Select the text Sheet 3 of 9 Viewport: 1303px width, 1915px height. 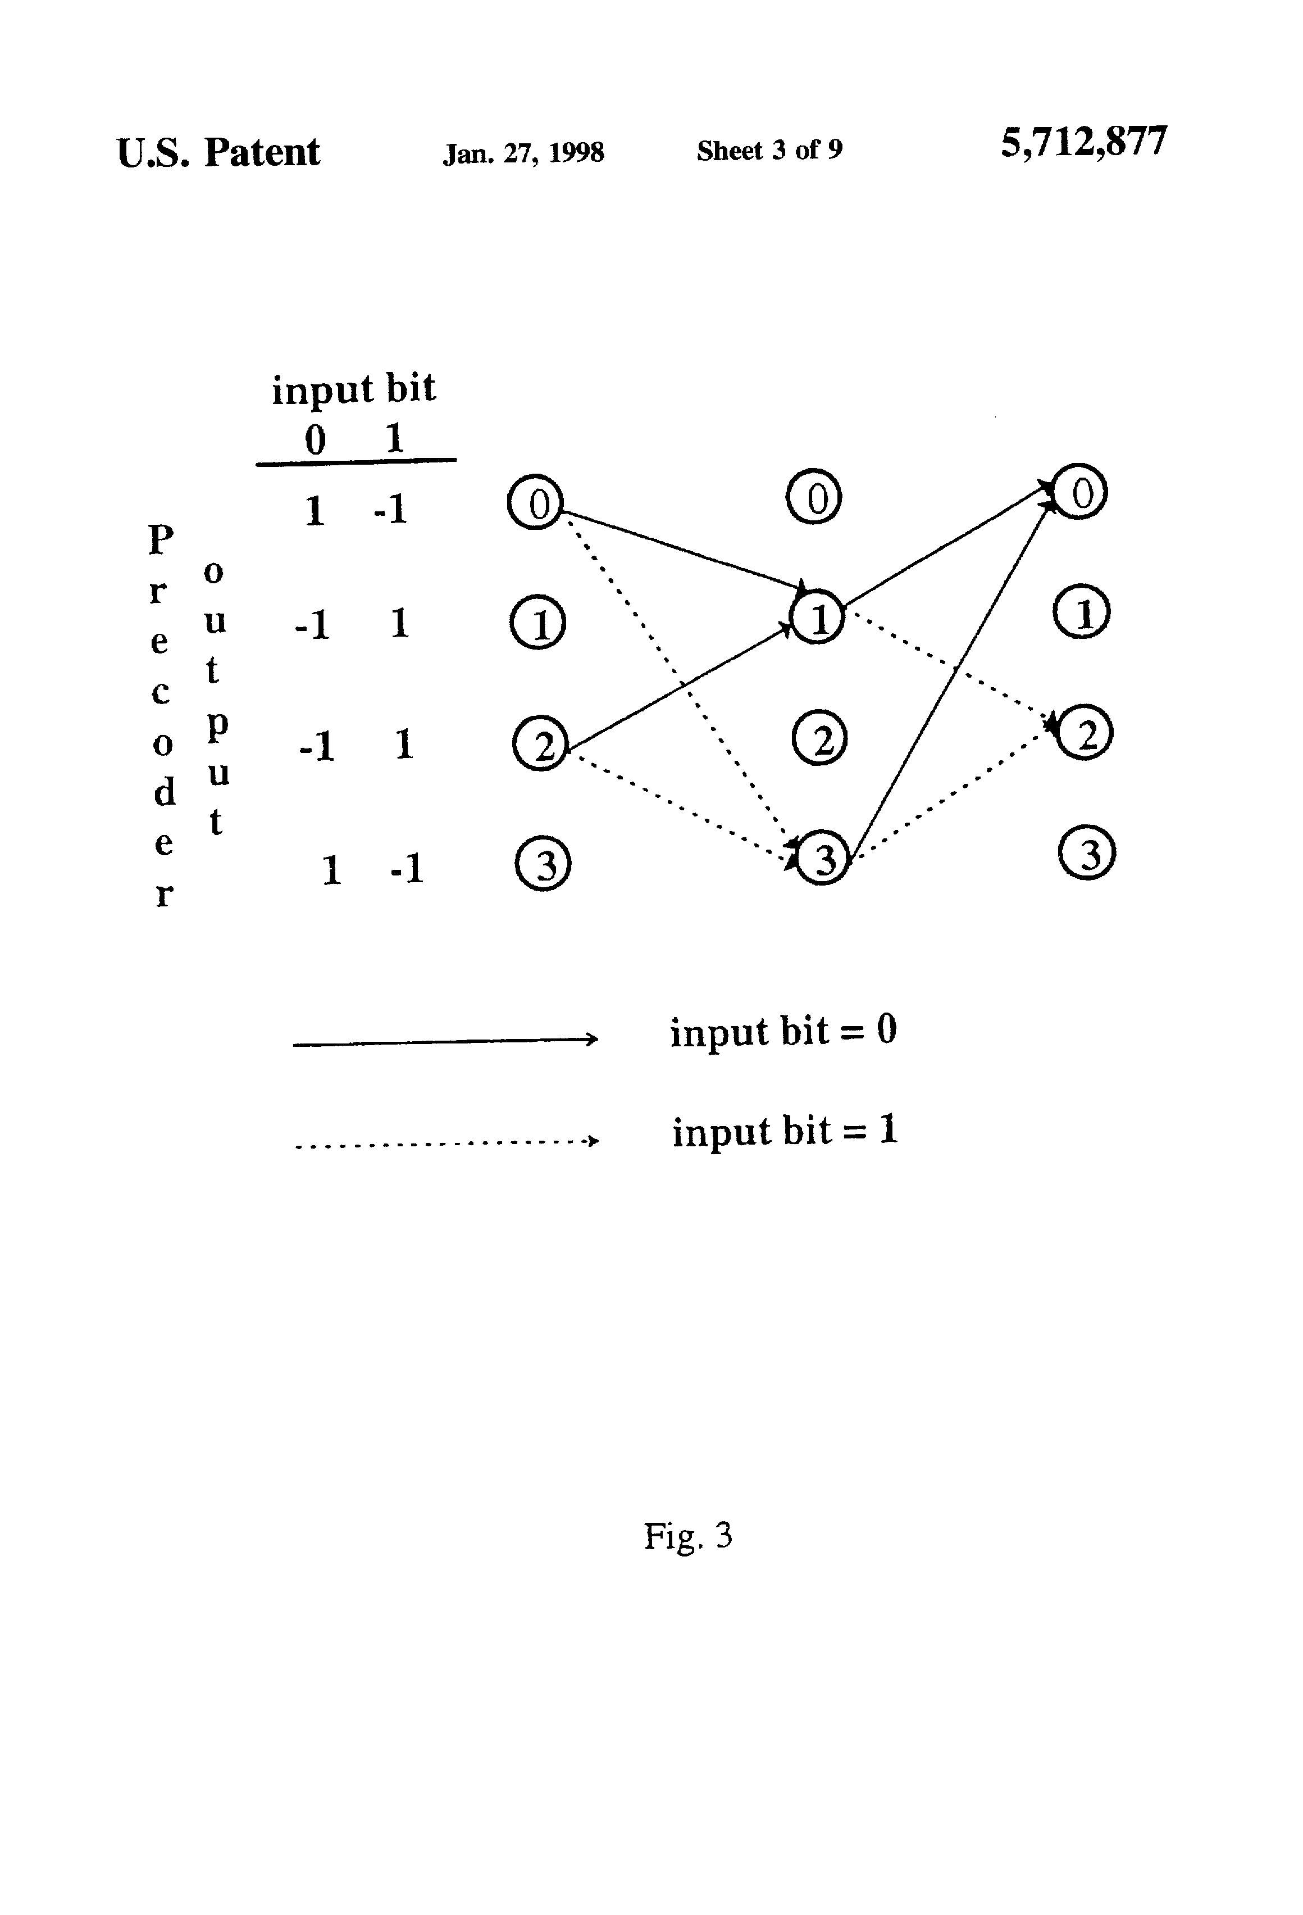coord(769,150)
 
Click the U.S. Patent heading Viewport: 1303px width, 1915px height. coord(218,152)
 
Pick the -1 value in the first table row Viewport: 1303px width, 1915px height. coord(390,509)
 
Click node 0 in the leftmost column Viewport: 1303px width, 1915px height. coord(535,502)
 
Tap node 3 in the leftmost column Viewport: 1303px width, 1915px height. coord(543,864)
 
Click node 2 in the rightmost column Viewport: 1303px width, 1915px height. coord(1085,733)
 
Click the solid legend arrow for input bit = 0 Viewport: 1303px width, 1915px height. coord(445,1042)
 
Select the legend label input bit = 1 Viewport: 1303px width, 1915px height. coord(784,1131)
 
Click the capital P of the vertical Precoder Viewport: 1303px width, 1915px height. coord(161,540)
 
